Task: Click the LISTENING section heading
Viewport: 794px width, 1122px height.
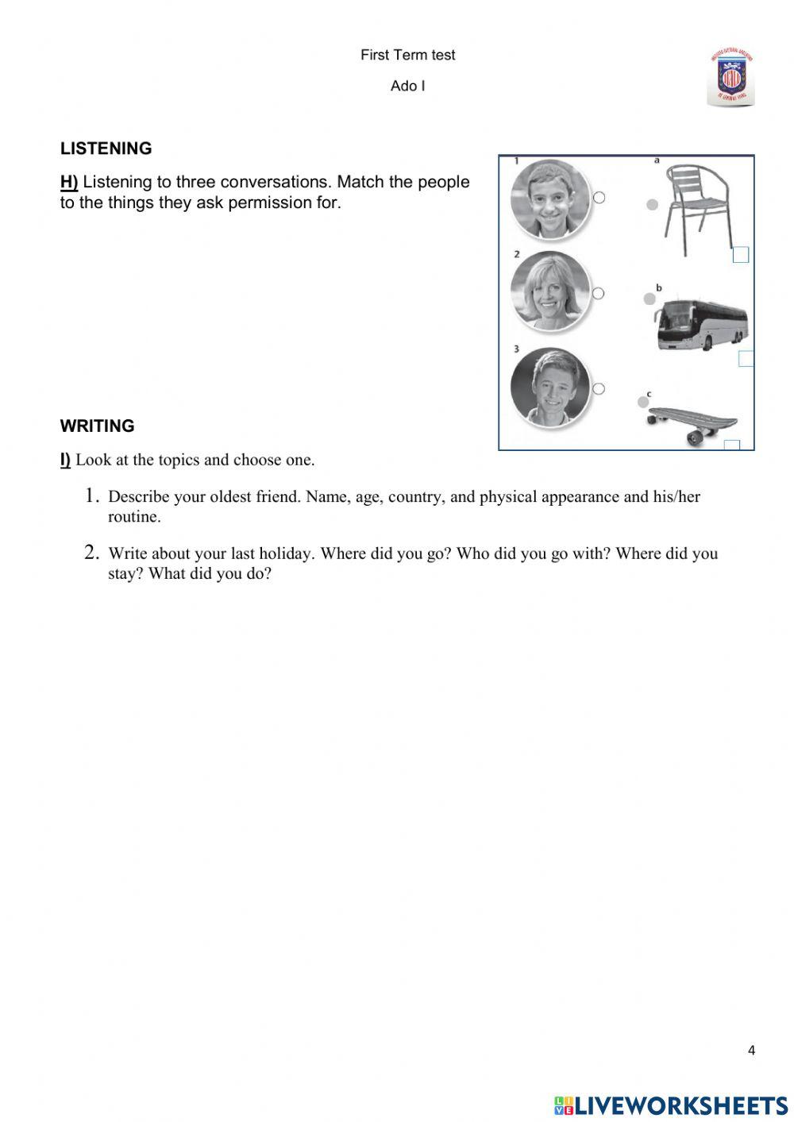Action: (106, 148)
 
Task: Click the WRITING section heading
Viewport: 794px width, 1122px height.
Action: (97, 426)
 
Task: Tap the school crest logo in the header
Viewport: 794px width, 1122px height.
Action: (730, 77)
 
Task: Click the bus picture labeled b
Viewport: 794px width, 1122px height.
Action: (700, 324)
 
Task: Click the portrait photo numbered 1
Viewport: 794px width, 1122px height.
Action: (549, 199)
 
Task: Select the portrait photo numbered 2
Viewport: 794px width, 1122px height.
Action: (549, 291)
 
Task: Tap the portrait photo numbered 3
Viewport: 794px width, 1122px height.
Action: (549, 387)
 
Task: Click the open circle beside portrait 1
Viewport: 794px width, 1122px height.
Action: (599, 197)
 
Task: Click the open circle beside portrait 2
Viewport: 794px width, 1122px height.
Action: (599, 293)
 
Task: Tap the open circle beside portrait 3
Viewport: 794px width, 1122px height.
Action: (599, 388)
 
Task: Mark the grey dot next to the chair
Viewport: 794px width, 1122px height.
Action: (652, 204)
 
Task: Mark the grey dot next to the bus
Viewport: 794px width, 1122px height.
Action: (649, 299)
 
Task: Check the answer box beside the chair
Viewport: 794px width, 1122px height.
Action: (740, 254)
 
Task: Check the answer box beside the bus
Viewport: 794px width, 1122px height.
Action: (746, 358)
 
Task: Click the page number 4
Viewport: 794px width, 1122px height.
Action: (751, 1051)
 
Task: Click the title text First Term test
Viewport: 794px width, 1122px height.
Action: (407, 55)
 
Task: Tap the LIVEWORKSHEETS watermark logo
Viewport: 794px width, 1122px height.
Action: (671, 1105)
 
